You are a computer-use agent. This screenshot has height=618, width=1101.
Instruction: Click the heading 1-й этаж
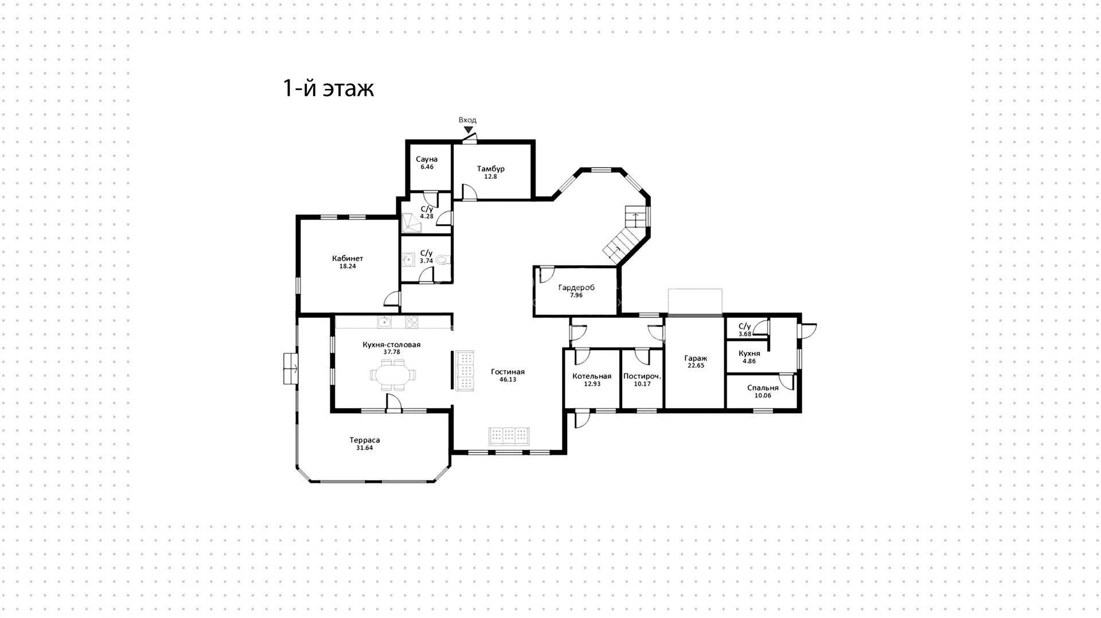point(329,88)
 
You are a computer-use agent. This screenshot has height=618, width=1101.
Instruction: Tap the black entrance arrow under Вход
point(468,130)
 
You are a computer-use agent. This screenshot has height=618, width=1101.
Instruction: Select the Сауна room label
point(427,159)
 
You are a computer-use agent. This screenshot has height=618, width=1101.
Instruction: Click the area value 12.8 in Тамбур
point(490,177)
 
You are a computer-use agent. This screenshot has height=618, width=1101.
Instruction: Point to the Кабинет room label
point(348,259)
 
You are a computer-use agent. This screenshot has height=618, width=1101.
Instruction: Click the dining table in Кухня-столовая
point(395,375)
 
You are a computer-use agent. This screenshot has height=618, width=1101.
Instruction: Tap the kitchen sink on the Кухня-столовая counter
point(384,322)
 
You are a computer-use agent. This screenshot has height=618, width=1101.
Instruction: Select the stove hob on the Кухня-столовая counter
point(412,322)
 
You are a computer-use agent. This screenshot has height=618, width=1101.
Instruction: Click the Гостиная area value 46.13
point(507,380)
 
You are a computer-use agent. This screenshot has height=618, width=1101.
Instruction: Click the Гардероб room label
point(576,288)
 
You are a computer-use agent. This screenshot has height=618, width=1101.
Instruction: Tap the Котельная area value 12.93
point(592,384)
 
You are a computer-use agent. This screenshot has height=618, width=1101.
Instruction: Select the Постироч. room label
point(642,377)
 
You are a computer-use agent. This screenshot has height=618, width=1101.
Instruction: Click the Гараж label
point(696,358)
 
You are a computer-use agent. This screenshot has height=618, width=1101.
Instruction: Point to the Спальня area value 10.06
point(763,396)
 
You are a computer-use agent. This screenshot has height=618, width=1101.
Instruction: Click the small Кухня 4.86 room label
point(749,354)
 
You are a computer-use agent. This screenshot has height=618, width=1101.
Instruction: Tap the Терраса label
point(365,440)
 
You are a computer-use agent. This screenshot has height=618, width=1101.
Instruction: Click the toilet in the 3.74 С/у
point(443,260)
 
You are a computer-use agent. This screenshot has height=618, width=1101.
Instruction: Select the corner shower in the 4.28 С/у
point(411,223)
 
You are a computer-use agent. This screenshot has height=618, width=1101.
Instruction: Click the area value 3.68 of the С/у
point(745,334)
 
